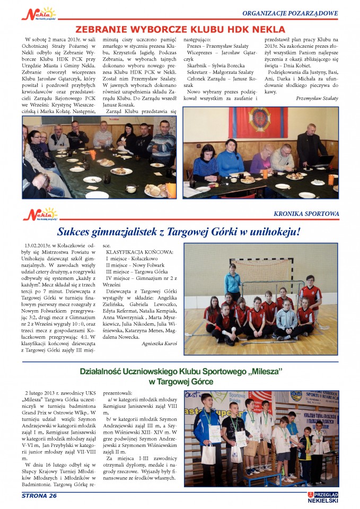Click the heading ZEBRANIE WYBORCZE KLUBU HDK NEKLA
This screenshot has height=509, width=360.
point(180,29)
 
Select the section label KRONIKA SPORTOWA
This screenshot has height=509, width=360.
point(306,214)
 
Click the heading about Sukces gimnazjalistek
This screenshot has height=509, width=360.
point(186,232)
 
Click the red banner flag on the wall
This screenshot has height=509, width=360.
point(259,122)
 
